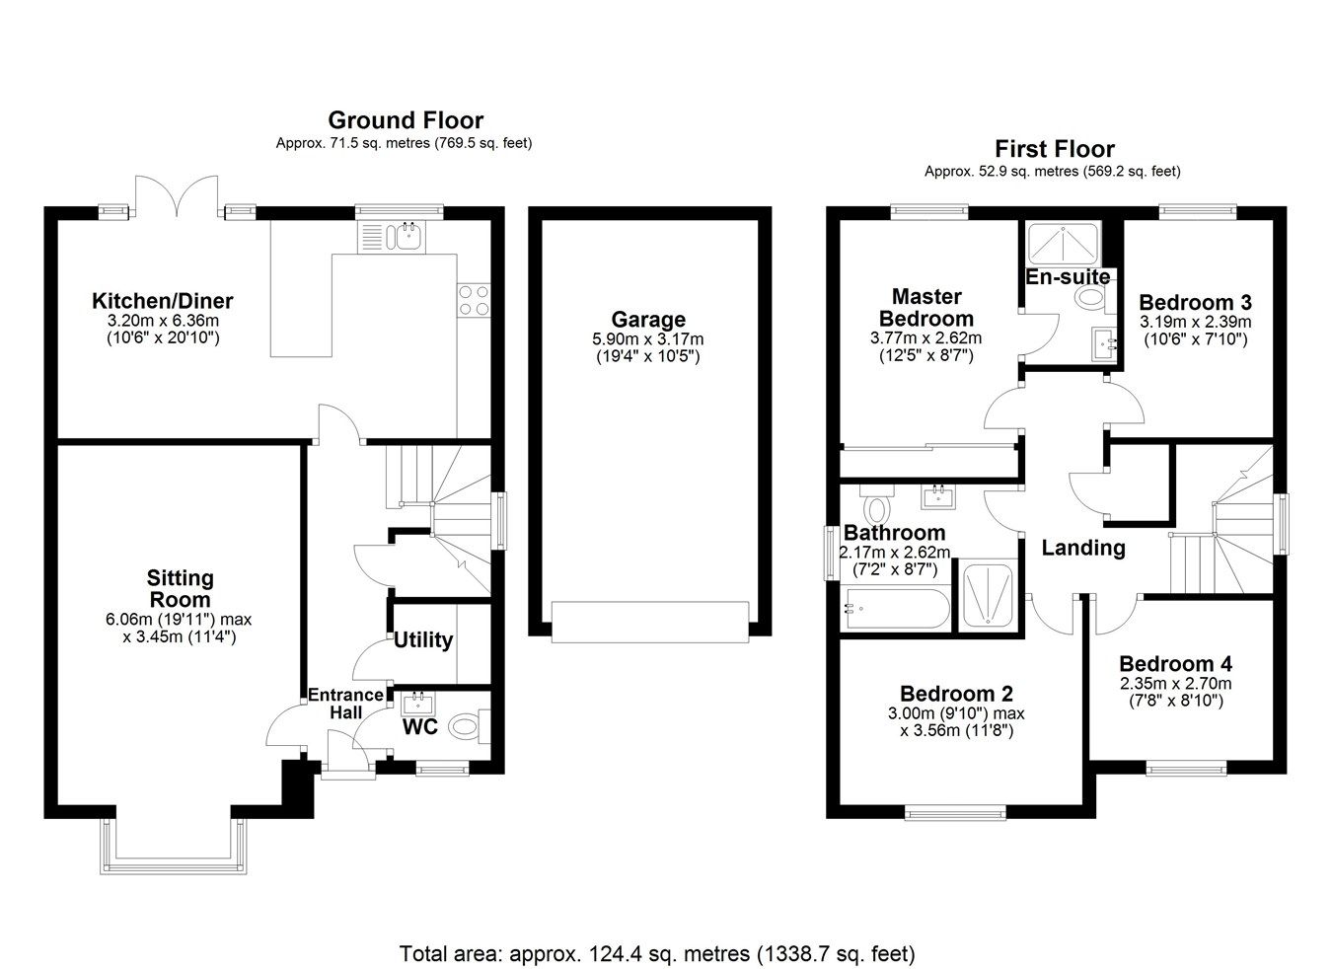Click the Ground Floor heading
pos(405,120)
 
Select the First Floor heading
pos(1054,149)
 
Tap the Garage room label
pos(647,320)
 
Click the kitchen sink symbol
pos(406,235)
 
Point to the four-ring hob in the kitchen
pos(474,299)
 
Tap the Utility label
pos(423,639)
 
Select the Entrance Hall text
pos(345,704)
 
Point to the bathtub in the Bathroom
pos(896,610)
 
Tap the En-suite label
pos(1068,276)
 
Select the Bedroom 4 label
pos(1175,664)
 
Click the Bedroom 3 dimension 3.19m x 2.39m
pos(1195,322)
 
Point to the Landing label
pos(1083,548)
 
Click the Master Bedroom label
pos(925,307)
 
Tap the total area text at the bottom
pos(657,954)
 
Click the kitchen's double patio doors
pos(177,195)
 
